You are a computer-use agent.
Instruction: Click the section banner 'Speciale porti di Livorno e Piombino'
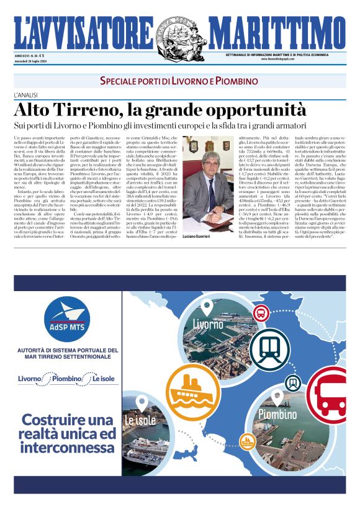tap(179, 82)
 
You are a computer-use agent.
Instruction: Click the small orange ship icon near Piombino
tap(248, 441)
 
